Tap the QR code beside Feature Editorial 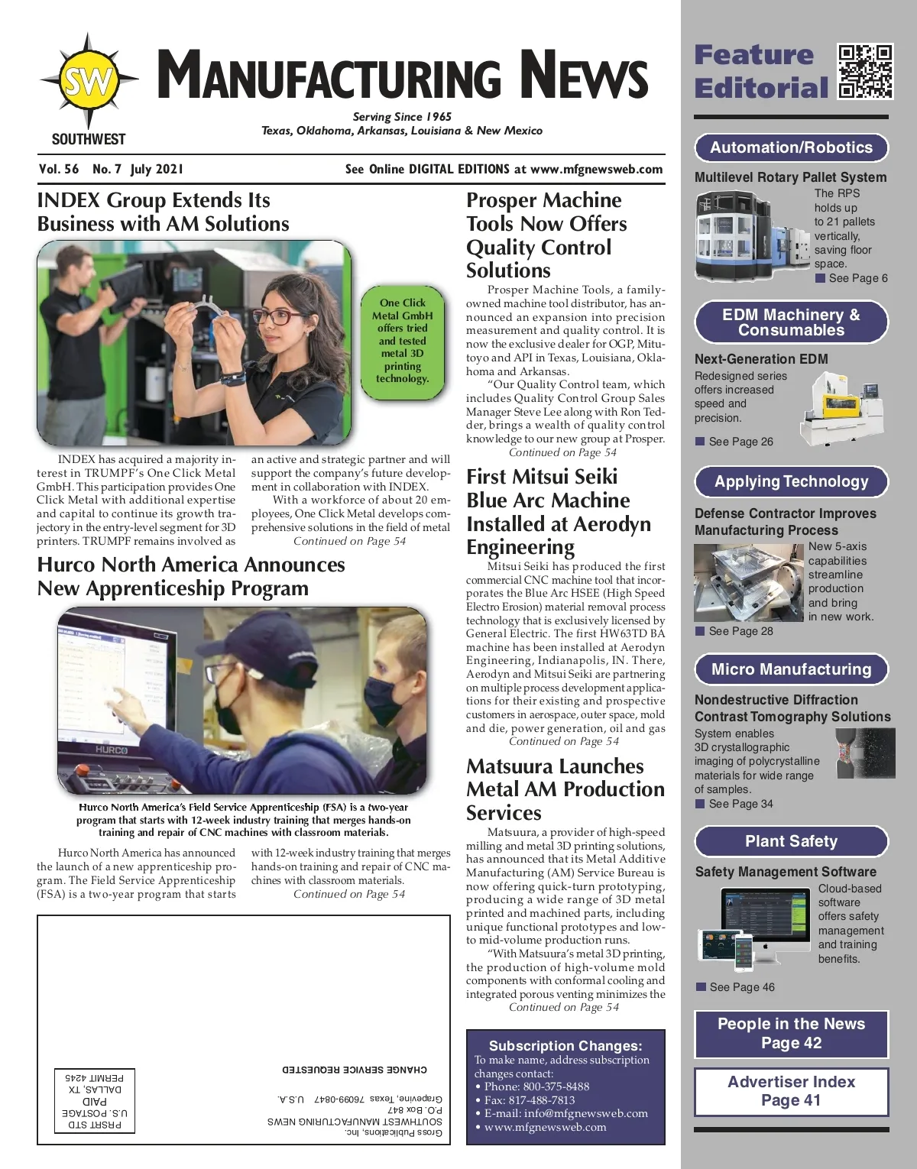865,72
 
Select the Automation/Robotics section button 791,147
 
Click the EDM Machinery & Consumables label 791,322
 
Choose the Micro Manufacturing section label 791,669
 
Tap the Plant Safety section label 791,841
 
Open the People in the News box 791,1034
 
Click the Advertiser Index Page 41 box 791,1091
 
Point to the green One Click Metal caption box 403,341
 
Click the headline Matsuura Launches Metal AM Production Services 565,789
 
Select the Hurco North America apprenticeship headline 191,576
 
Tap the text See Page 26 740,442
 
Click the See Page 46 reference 741,987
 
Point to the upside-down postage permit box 95,1100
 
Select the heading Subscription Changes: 565,1046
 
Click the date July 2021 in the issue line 157,170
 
